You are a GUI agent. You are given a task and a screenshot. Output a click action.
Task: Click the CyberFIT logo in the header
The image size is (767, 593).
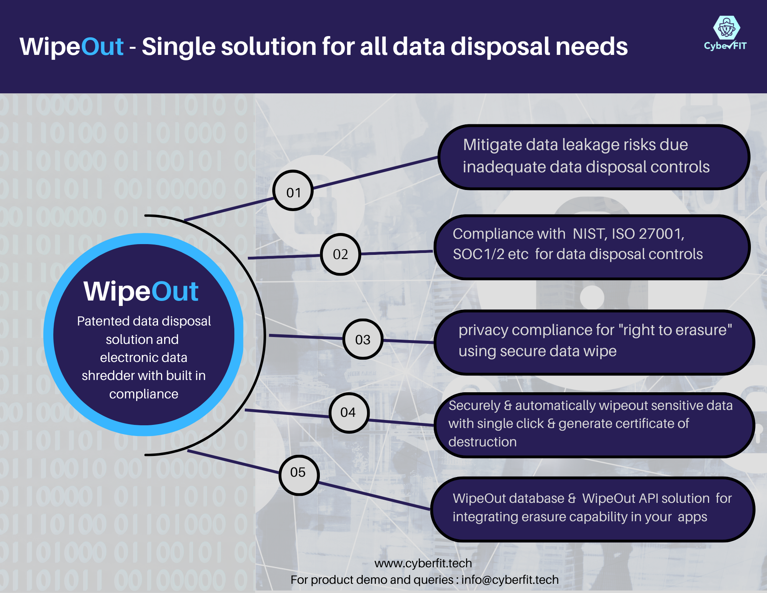point(726,33)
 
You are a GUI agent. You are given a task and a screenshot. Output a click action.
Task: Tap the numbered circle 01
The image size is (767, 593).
point(293,191)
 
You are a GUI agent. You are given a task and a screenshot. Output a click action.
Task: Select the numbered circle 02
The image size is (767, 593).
point(340,254)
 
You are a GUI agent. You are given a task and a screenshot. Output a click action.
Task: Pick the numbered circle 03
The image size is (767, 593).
point(362,339)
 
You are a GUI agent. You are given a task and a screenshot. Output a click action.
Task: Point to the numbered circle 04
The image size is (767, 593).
point(348,413)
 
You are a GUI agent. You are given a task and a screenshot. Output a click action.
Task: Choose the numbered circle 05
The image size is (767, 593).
point(298,474)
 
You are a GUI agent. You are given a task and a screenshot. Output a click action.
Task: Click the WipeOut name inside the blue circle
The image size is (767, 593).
point(141,291)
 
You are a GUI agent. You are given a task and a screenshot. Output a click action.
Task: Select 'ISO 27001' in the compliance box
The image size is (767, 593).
point(647,234)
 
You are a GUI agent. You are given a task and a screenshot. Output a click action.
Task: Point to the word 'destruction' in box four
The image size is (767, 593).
point(482,442)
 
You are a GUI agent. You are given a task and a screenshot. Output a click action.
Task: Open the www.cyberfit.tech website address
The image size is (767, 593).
point(423,563)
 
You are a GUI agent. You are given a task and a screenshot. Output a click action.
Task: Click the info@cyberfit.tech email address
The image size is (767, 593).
point(510,580)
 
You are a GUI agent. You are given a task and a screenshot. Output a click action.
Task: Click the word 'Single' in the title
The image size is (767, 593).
point(178,47)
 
